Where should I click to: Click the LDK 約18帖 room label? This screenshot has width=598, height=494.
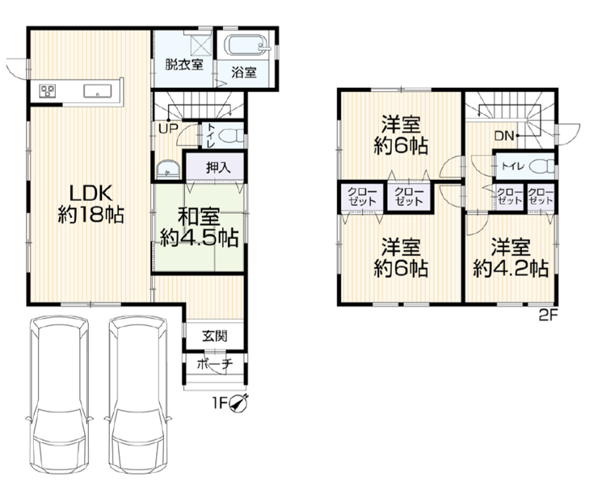[x=91, y=203]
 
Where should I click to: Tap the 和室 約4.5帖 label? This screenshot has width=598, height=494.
[x=199, y=228]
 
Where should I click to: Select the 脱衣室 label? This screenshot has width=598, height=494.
[x=183, y=65]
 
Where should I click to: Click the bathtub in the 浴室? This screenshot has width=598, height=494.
[x=247, y=48]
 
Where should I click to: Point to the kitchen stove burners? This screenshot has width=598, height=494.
[x=48, y=90]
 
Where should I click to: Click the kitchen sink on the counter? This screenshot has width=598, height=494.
[x=98, y=91]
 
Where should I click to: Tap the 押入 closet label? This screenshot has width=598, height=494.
[x=218, y=168]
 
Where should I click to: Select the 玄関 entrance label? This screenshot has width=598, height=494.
[x=215, y=336]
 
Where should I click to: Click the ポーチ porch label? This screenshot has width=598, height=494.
[x=215, y=365]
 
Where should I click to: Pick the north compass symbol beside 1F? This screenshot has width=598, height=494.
[x=239, y=404]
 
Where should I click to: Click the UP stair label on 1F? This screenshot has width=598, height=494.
[x=168, y=128]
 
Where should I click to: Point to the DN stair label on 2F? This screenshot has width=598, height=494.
[x=504, y=136]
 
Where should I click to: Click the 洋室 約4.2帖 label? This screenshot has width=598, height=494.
[x=511, y=257]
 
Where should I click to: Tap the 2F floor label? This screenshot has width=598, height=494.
[x=549, y=316]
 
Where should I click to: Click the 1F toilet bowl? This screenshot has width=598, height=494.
[x=232, y=136]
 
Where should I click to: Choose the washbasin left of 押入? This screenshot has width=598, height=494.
[x=168, y=170]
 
